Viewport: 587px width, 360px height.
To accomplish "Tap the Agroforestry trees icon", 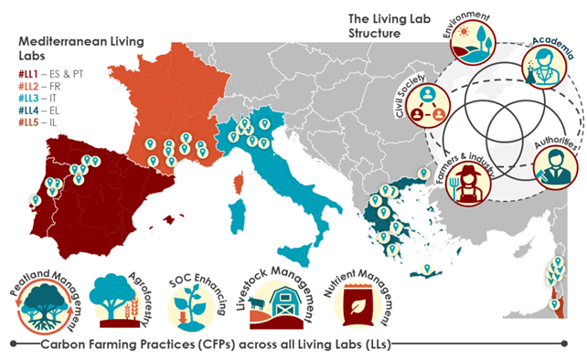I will tap(120, 302).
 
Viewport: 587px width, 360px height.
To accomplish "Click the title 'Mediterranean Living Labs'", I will tap(77, 47).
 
